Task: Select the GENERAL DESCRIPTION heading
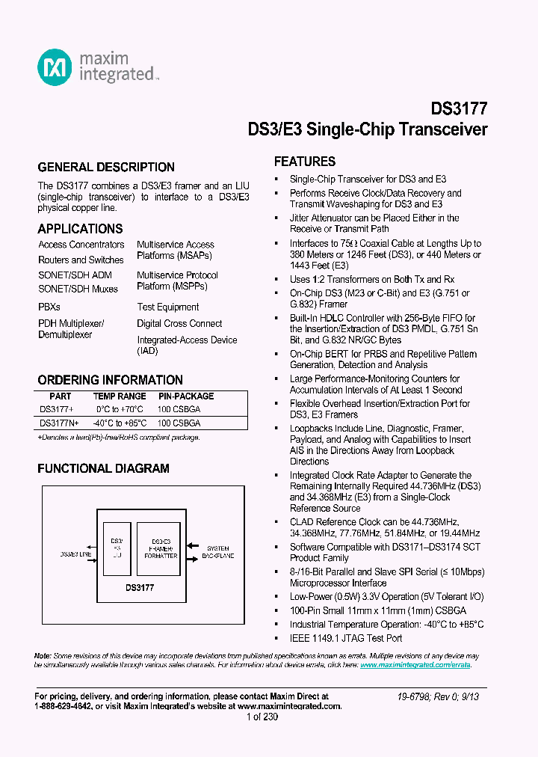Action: (x=106, y=167)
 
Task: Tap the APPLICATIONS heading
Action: (x=80, y=228)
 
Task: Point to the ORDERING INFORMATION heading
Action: (x=110, y=379)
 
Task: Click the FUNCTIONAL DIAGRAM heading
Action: (x=103, y=468)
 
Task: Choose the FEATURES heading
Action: (x=304, y=162)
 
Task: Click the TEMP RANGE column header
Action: (x=120, y=396)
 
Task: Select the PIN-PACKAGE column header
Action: (x=186, y=396)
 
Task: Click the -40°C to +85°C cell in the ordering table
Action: (x=120, y=423)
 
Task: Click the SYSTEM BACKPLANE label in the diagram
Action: (x=218, y=552)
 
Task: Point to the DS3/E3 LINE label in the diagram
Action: (x=75, y=555)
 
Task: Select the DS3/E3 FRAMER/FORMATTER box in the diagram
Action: (x=161, y=548)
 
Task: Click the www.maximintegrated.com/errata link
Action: (x=415, y=664)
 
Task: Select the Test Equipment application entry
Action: (x=167, y=307)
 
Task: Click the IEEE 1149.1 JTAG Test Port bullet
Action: (x=346, y=638)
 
